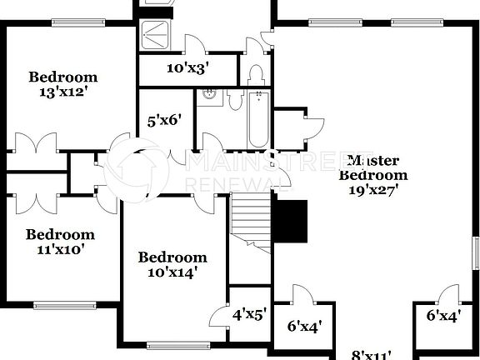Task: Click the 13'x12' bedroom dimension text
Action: pyautogui.click(x=62, y=92)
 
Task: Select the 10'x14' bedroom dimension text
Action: pyautogui.click(x=172, y=272)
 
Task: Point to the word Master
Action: pyautogui.click(x=372, y=160)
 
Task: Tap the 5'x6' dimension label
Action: pyautogui.click(x=164, y=120)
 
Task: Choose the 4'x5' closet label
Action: pyautogui.click(x=249, y=314)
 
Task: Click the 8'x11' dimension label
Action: pyautogui.click(x=372, y=355)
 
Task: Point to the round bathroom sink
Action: pyautogui.click(x=209, y=94)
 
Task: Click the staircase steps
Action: pyautogui.click(x=251, y=220)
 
